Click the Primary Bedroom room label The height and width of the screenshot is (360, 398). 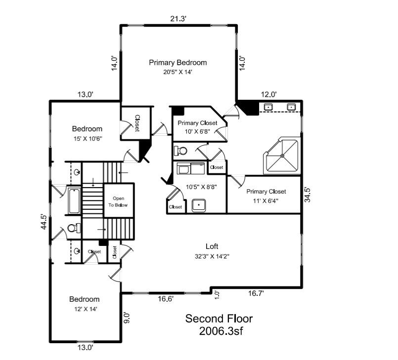[x=177, y=63]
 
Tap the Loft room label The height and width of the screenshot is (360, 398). [x=212, y=246]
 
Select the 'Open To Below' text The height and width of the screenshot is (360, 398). [x=118, y=201]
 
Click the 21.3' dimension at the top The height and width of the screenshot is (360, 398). [x=178, y=19]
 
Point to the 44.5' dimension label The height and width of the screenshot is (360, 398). [x=44, y=222]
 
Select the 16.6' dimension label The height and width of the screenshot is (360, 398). [x=166, y=299]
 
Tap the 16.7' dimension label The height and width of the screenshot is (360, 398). [x=256, y=293]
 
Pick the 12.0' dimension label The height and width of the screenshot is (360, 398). [x=268, y=94]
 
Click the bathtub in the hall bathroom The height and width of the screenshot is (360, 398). [x=75, y=201]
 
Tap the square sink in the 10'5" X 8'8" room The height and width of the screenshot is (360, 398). [x=199, y=204]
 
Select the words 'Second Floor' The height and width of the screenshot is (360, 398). [x=219, y=319]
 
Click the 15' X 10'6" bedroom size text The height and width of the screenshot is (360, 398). [x=87, y=139]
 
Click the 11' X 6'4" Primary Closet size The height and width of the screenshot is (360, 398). [x=266, y=200]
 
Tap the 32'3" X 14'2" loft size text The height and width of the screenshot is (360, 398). [x=212, y=256]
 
